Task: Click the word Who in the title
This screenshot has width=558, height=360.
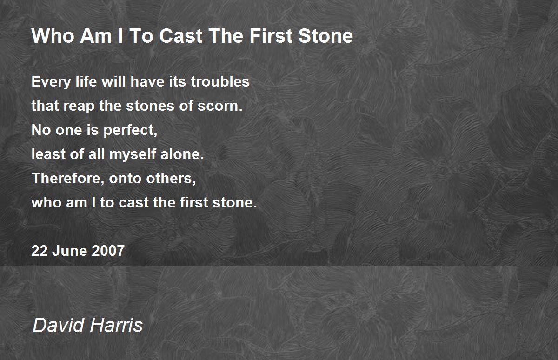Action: (48, 36)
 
